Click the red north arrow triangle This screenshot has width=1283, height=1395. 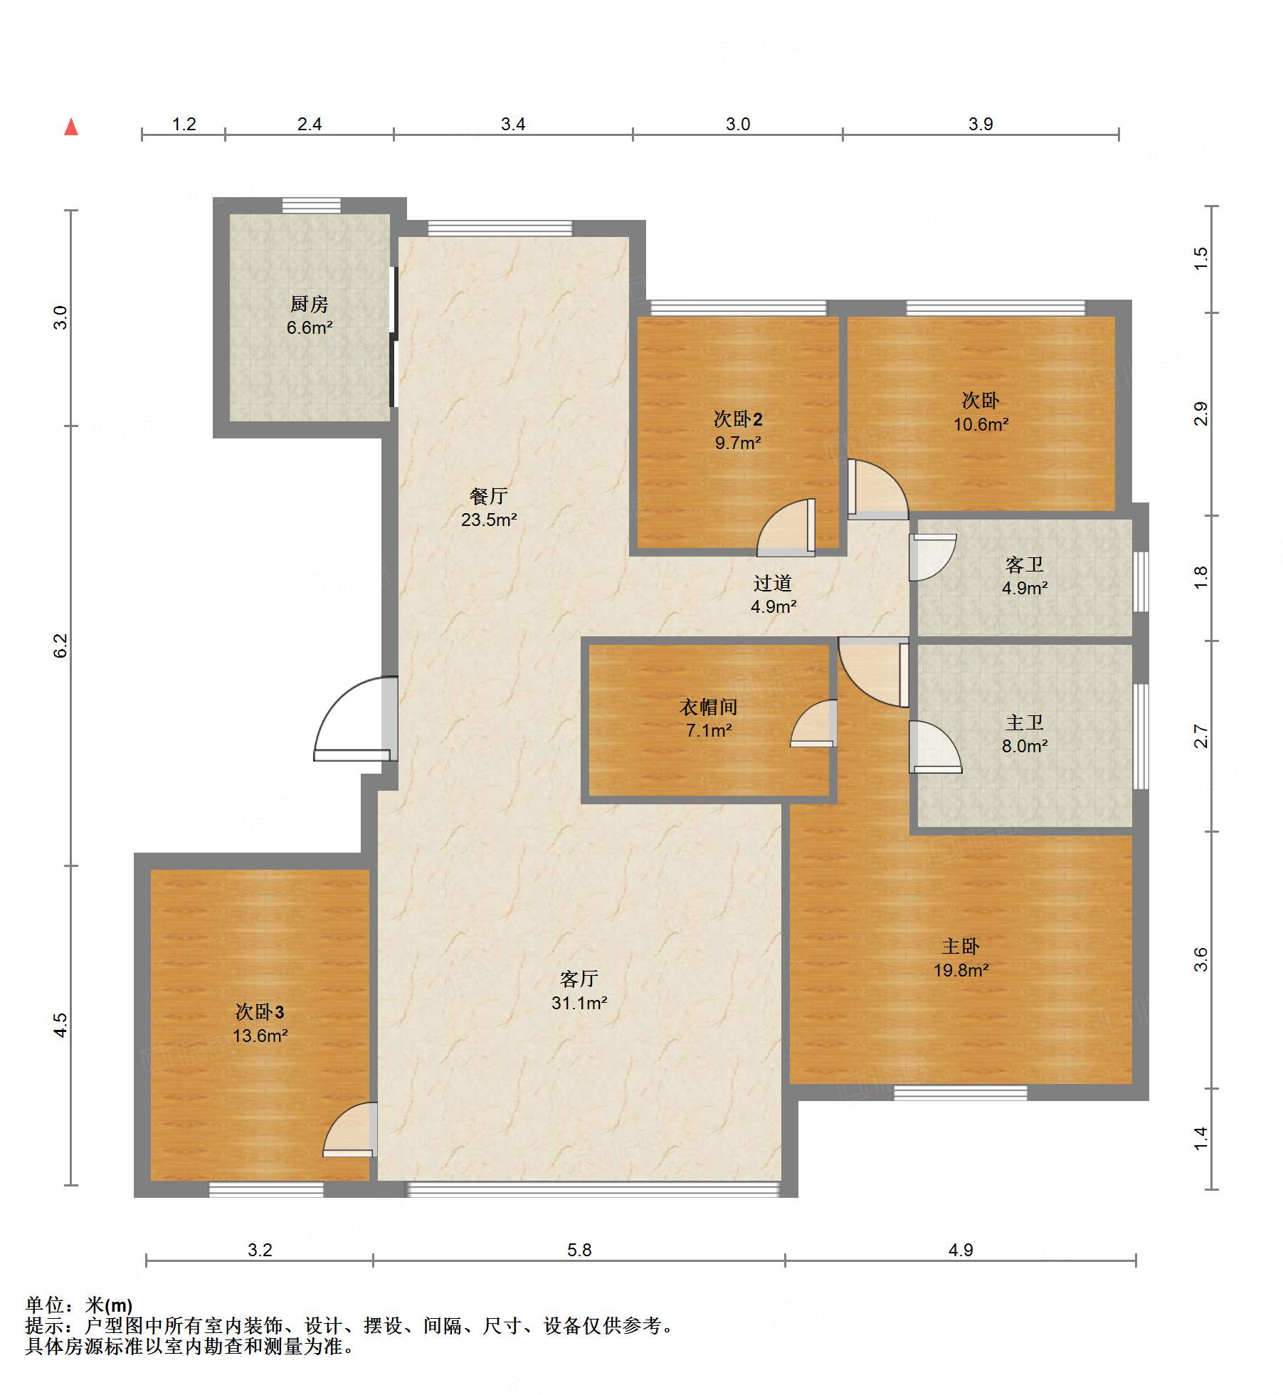pos(71,127)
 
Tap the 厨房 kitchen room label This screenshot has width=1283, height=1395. pos(310,304)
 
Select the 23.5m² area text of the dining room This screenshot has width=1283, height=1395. pos(489,520)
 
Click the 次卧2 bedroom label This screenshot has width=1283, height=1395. pos(738,419)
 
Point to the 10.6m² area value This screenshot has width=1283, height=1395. pos(981,424)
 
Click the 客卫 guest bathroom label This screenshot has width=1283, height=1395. pos(1025,564)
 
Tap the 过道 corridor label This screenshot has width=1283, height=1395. pos(773,583)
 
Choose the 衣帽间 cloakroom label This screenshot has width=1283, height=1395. pos(709,707)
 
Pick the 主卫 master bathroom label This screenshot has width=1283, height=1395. pos(1025,722)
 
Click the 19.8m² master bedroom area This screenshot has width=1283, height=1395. pos(961,970)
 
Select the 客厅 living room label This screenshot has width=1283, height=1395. pos(579,979)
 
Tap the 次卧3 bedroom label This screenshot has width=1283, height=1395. pos(260,1011)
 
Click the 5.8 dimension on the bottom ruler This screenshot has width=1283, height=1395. pos(579,1250)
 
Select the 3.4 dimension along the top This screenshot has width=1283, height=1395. pos(513,124)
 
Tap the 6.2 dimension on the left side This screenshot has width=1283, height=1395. pos(60,645)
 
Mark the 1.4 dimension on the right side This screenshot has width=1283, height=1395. pos(1201,1138)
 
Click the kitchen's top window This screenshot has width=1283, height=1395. pos(311,206)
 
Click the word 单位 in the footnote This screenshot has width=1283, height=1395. pos(45,1305)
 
